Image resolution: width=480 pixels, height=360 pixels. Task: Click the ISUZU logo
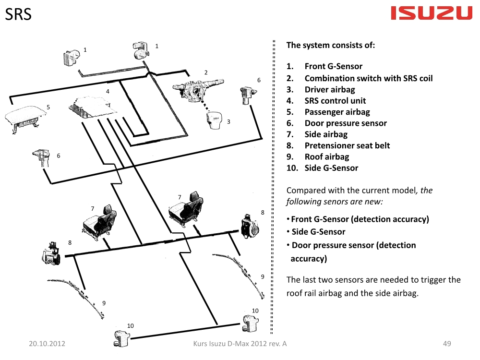432,13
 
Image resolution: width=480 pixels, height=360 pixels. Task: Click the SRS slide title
19,14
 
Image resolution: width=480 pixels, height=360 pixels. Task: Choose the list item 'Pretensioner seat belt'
347,145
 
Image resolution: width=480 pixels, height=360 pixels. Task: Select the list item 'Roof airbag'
326,156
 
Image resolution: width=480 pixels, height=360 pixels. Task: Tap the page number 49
447,344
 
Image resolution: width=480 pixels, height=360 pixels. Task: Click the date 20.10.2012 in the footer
47,344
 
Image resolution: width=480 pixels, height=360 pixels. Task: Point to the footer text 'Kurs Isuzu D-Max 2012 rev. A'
240,344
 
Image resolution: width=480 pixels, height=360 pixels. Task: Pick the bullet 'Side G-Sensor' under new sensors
318,232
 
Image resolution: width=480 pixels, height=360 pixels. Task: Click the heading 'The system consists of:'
330,45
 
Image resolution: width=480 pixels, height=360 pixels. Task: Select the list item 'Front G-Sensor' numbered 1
333,66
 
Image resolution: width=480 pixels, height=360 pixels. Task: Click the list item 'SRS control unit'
335,101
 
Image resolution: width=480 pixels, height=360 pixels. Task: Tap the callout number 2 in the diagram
206,72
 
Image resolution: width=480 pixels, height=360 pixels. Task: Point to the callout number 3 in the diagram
229,121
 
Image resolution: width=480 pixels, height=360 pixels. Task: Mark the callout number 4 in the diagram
108,91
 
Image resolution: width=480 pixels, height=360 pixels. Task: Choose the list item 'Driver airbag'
330,90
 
